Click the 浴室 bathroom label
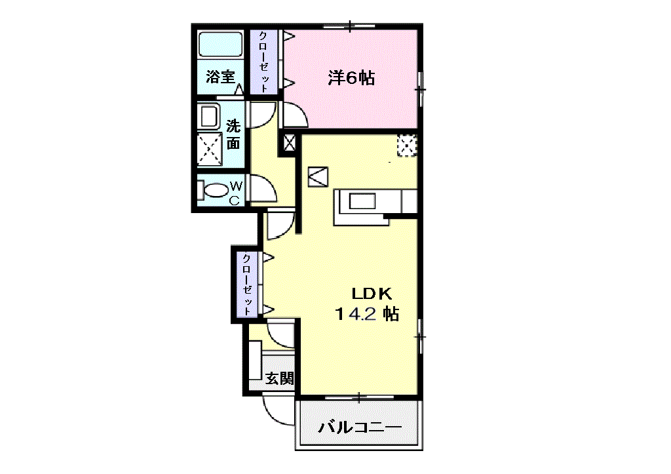pyautogui.click(x=220, y=77)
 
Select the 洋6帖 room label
pyautogui.click(x=351, y=78)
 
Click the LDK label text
pyautogui.click(x=372, y=294)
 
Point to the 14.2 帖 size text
pyautogui.click(x=367, y=314)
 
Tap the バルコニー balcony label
pyautogui.click(x=360, y=427)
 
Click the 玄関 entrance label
pyautogui.click(x=279, y=378)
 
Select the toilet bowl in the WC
pyautogui.click(x=216, y=190)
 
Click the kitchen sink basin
pyautogui.click(x=362, y=201)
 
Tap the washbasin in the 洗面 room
pyautogui.click(x=209, y=116)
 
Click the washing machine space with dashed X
pyautogui.click(x=210, y=149)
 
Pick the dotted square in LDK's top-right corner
pyautogui.click(x=406, y=146)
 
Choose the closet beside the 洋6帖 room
pyautogui.click(x=264, y=62)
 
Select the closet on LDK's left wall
pyautogui.click(x=248, y=284)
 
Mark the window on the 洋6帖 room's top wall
pyautogui.click(x=350, y=26)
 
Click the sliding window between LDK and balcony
pyautogui.click(x=360, y=398)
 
